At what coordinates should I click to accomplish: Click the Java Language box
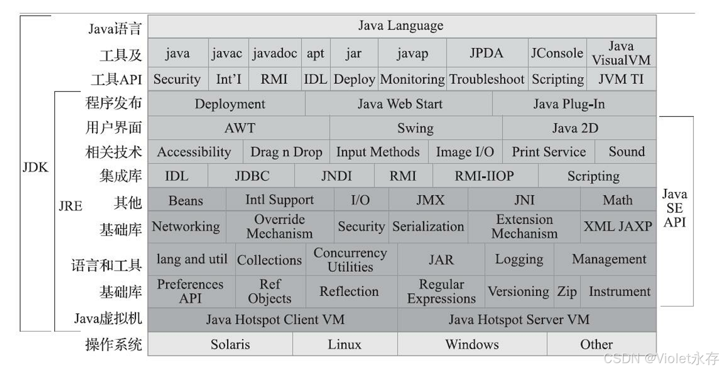pos(401,26)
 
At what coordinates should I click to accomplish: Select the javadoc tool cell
pos(275,53)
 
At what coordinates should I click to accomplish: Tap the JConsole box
pos(557,53)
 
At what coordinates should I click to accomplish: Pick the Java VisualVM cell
pos(621,53)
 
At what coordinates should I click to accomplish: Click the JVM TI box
pos(621,79)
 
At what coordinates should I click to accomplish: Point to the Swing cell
pos(415,128)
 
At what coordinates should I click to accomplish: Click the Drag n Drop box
pos(286,152)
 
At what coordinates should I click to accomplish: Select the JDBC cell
pos(251,176)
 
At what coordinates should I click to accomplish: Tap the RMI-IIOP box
pos(484,176)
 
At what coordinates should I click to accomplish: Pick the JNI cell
pos(524,200)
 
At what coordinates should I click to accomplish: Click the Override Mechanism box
pos(280,226)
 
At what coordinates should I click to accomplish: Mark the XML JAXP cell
pos(618,226)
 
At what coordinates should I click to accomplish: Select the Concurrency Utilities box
pos(350,260)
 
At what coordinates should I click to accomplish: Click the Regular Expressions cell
pos(441,292)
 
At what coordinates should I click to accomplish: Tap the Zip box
pos(567,292)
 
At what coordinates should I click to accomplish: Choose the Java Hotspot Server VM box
pos(519,320)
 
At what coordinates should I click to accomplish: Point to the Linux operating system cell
pos(345,344)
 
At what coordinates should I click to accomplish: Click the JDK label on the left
pos(36,167)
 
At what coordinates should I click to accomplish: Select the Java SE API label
pos(675,208)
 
